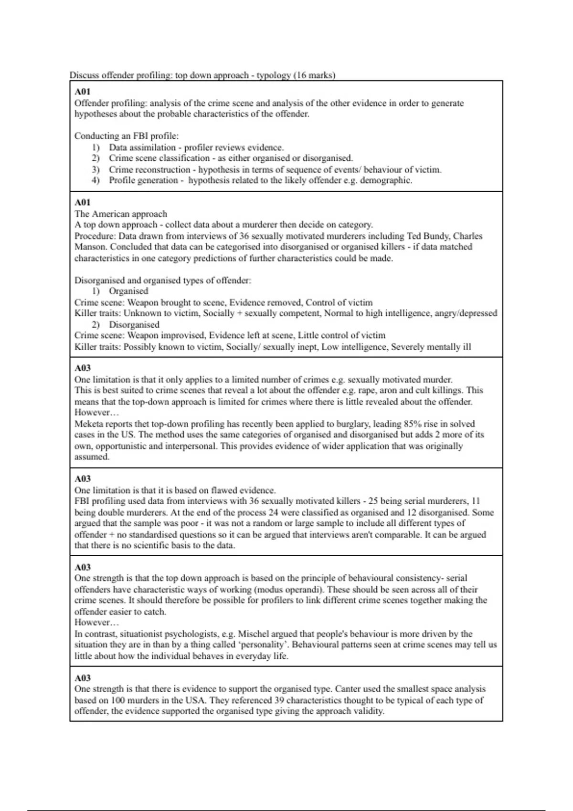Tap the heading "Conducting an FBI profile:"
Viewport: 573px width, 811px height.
(127, 136)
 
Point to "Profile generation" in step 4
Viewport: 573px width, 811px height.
(143, 180)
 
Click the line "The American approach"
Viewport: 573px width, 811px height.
(121, 214)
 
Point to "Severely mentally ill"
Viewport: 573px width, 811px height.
(431, 347)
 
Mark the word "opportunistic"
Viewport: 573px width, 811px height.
(121, 446)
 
